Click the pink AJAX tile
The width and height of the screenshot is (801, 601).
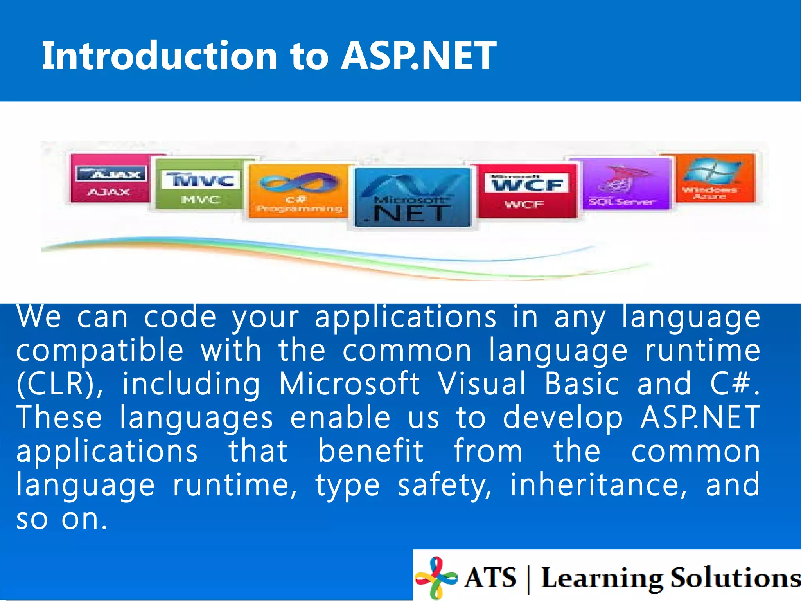(110, 178)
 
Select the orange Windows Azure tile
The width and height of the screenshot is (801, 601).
(713, 178)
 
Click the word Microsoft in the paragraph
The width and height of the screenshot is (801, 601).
(349, 384)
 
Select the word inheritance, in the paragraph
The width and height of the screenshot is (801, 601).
(598, 485)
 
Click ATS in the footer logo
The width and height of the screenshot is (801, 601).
(490, 578)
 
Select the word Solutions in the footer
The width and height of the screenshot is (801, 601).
(735, 578)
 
